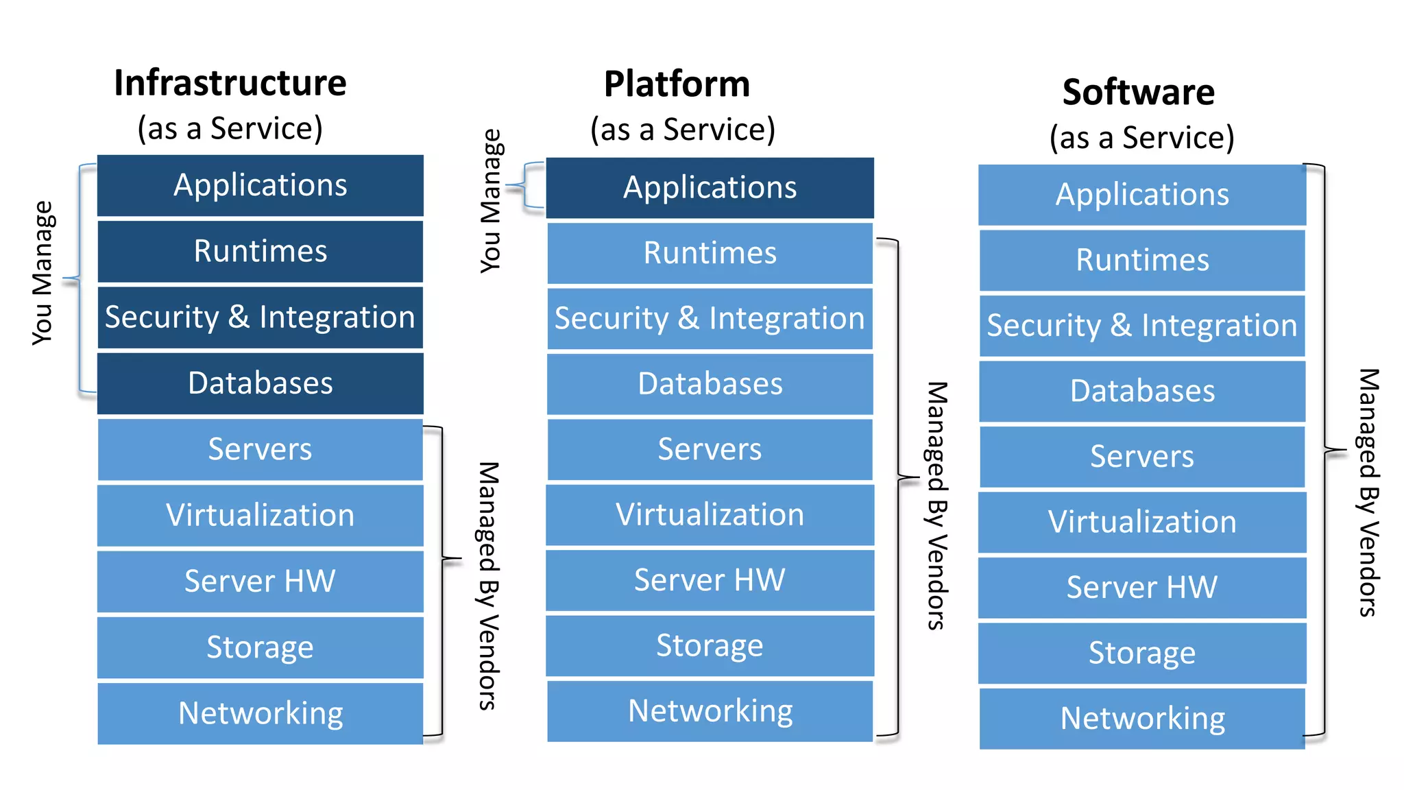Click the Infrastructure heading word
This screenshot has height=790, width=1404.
pyautogui.click(x=230, y=83)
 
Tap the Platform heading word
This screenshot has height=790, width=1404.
pyautogui.click(x=677, y=84)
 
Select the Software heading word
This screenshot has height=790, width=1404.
pyautogui.click(x=1139, y=92)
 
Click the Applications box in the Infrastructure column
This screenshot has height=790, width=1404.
pyautogui.click(x=261, y=185)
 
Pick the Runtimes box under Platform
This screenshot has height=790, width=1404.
pyautogui.click(x=710, y=252)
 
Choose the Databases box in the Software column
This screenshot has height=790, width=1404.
pyautogui.click(x=1142, y=391)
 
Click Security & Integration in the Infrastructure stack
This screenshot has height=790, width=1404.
pyautogui.click(x=261, y=317)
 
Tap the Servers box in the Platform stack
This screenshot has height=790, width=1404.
pyautogui.click(x=710, y=449)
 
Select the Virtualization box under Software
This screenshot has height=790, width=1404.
pyautogui.click(x=1142, y=522)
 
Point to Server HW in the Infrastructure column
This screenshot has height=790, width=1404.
pyautogui.click(x=261, y=581)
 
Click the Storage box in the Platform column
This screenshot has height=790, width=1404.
pyautogui.click(x=710, y=645)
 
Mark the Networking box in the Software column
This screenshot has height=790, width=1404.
pyautogui.click(x=1142, y=718)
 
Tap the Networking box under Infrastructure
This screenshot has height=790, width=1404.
pyautogui.click(x=261, y=713)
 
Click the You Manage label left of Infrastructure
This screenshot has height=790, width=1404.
pyautogui.click(x=43, y=273)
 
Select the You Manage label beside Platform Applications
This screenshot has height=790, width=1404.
pyautogui.click(x=491, y=200)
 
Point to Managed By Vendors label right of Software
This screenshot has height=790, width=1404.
pyautogui.click(x=1368, y=492)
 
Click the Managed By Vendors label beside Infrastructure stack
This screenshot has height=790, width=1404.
pyautogui.click(x=488, y=586)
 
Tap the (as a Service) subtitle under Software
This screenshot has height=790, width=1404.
pyautogui.click(x=1142, y=137)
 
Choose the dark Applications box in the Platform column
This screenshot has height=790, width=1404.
pyautogui.click(x=710, y=187)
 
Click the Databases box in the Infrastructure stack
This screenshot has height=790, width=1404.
pyautogui.click(x=261, y=383)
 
